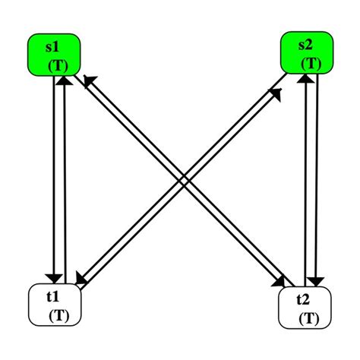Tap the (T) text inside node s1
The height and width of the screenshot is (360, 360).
coord(58,66)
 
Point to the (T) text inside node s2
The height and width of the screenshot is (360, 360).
coord(311,64)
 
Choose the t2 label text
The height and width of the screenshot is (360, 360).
coord(304,299)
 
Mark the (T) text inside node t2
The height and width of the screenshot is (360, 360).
coord(310,316)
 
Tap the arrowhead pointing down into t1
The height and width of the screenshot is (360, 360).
coord(54,276)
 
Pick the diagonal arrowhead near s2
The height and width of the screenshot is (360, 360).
coord(275,93)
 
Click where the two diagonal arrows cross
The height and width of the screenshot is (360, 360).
coord(182,179)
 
